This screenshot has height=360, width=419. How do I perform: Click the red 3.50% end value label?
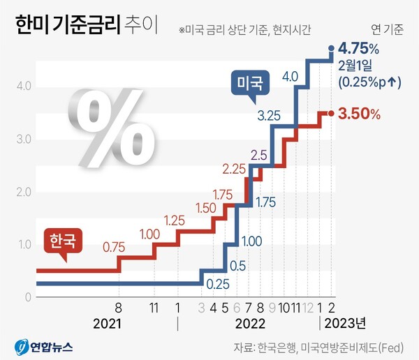point(359,113)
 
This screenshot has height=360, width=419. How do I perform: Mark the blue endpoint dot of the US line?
point(331,48)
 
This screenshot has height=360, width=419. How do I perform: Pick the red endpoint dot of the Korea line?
point(331,112)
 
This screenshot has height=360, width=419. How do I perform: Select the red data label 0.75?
point(115,246)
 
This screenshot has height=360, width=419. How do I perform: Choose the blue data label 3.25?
point(269,114)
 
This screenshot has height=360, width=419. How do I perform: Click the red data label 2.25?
point(234,168)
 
